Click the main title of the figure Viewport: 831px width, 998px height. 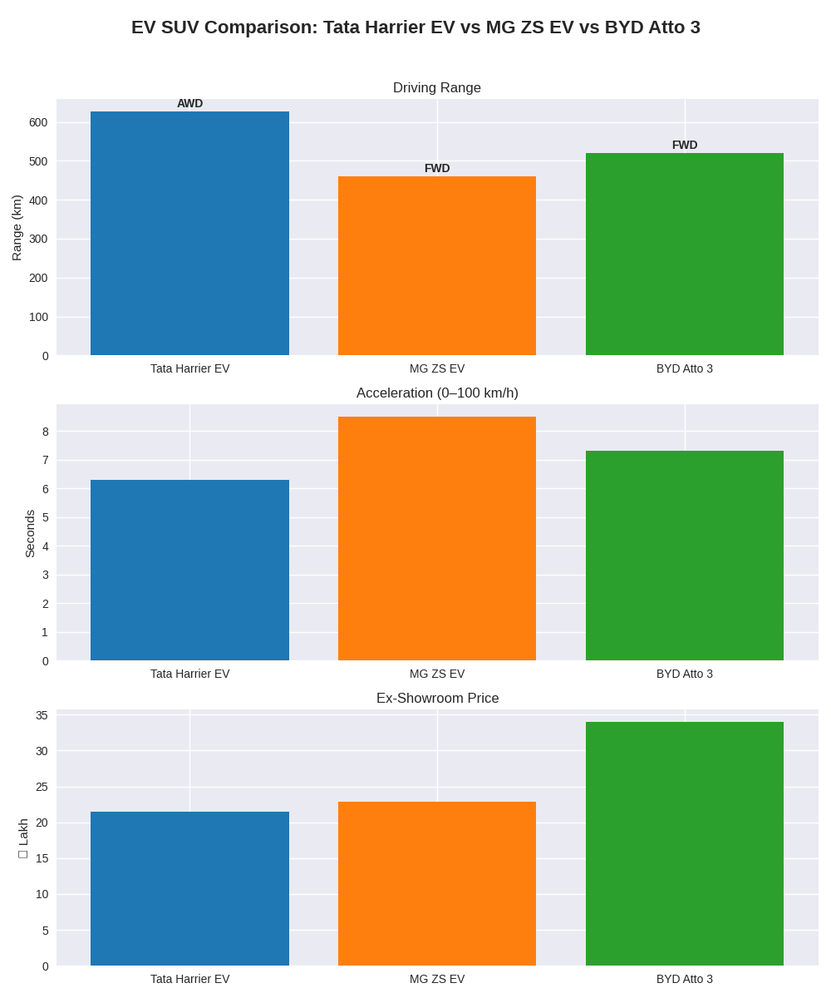(x=415, y=27)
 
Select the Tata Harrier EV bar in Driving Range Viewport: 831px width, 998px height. (x=189, y=234)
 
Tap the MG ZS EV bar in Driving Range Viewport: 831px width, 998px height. (x=437, y=266)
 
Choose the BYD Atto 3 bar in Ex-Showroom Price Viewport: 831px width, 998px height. (x=685, y=843)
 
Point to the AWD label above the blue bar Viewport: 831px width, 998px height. (x=189, y=103)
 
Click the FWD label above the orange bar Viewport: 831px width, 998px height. (x=437, y=168)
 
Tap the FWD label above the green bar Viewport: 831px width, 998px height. (x=685, y=145)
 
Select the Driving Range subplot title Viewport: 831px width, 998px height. (x=437, y=88)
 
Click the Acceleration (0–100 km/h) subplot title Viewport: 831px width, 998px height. (x=437, y=393)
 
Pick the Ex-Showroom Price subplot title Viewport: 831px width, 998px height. (x=437, y=699)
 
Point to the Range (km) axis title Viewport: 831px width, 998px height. (x=17, y=228)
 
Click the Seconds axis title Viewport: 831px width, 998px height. (x=30, y=533)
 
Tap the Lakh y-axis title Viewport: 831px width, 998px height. (x=23, y=837)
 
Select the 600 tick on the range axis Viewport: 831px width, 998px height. (x=38, y=122)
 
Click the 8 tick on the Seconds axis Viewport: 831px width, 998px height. (x=46, y=432)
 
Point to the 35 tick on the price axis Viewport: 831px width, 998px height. (x=42, y=715)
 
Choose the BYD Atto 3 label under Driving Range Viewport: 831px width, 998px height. (x=685, y=368)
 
